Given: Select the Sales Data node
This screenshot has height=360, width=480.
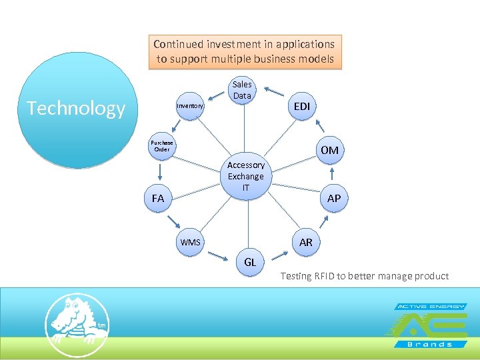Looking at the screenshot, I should (x=242, y=91).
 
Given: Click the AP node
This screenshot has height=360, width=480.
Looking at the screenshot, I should (x=333, y=199).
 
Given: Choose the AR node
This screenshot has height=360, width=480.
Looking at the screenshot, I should (x=305, y=242).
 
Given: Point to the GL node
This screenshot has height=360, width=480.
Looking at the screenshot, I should (x=250, y=262).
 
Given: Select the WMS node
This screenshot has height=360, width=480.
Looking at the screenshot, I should (x=191, y=242).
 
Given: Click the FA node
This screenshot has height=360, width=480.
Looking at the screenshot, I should (x=158, y=199).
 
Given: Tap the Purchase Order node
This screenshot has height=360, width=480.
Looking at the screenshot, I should (x=162, y=146).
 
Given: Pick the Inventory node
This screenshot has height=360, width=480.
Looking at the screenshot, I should (x=191, y=106).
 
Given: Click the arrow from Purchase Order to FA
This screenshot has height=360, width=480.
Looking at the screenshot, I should (x=160, y=173).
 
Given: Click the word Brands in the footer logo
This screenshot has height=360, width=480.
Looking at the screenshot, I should (x=430, y=344).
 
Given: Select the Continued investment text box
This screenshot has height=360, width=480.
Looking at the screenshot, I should (x=245, y=52).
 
